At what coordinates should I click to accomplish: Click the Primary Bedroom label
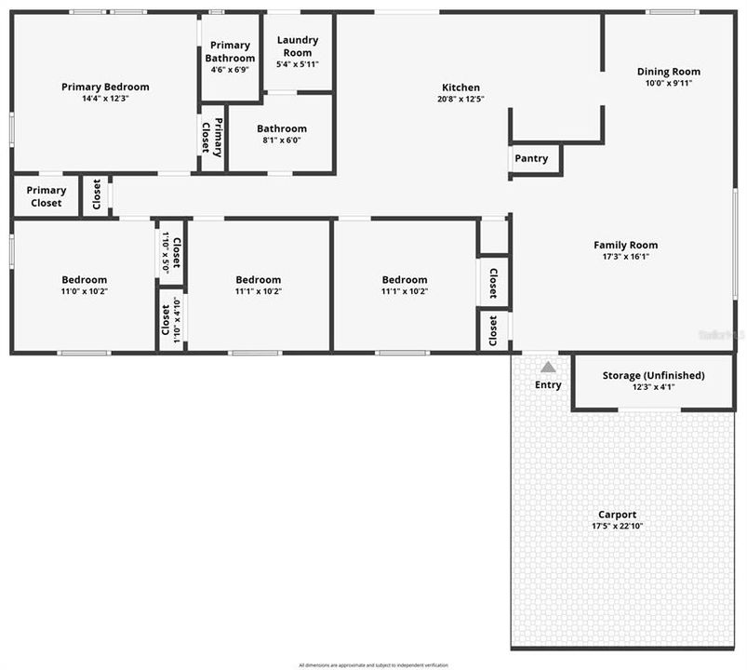point(105,87)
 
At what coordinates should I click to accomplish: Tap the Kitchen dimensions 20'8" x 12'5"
point(460,99)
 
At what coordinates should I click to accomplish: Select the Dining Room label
point(668,72)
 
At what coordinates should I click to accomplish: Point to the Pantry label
point(531,158)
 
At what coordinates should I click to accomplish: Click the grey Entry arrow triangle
point(549,368)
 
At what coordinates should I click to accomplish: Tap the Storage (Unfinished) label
point(653,375)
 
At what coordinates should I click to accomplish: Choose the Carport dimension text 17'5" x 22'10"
point(618,526)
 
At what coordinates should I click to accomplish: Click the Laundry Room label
point(298,47)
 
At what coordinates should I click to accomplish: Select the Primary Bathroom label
point(229,51)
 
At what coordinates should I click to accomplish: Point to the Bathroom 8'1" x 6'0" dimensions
point(282,141)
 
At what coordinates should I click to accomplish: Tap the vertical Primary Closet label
point(213,138)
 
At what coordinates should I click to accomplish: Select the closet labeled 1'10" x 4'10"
point(171,317)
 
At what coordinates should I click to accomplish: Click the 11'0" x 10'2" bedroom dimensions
point(84,291)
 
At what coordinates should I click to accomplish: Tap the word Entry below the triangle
point(549,384)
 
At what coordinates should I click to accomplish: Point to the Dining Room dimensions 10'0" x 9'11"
point(668,83)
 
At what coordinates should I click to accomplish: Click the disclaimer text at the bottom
point(373,665)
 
